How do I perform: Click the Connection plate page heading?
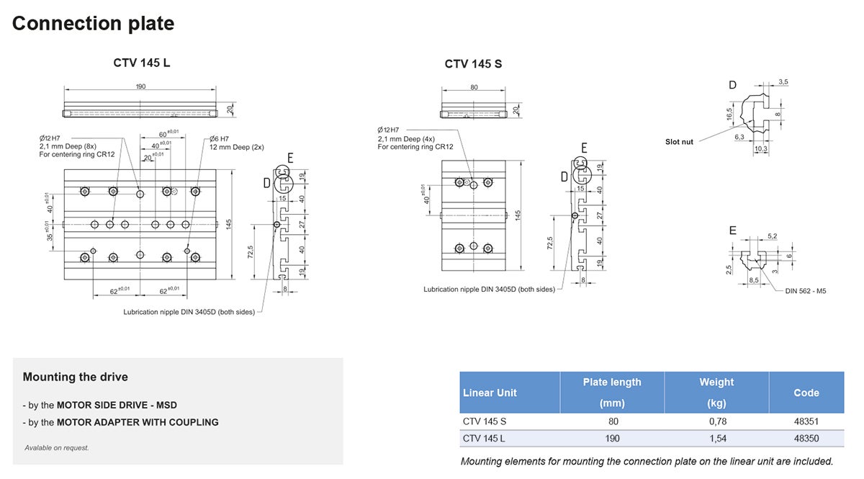pyautogui.click(x=93, y=23)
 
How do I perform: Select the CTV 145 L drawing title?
pyautogui.click(x=141, y=63)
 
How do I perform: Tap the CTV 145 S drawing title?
pyautogui.click(x=473, y=64)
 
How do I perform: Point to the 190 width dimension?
pyautogui.click(x=140, y=86)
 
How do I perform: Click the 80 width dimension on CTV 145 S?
pyautogui.click(x=474, y=87)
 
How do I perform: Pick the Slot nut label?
pyautogui.click(x=679, y=142)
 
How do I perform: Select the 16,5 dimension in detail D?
pyautogui.click(x=729, y=115)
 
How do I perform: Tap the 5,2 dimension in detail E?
pyautogui.click(x=772, y=236)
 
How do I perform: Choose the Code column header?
pyautogui.click(x=806, y=393)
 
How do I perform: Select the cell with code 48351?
pyautogui.click(x=806, y=421)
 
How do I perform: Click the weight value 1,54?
pyautogui.click(x=716, y=439)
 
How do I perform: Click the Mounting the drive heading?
pyautogui.click(x=75, y=377)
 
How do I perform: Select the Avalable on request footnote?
pyautogui.click(x=57, y=447)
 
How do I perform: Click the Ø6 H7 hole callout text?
pyautogui.click(x=219, y=138)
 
